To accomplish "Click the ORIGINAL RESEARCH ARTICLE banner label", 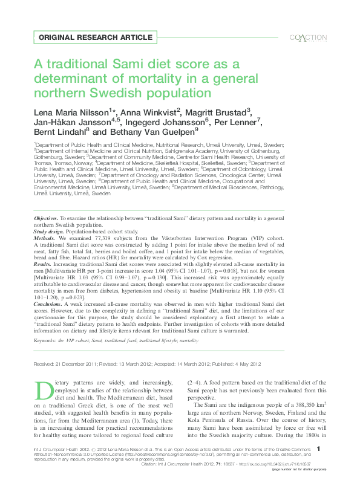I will pos(95,37).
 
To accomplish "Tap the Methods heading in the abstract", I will pos(44,238).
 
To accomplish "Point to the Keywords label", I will pos(47,341).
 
